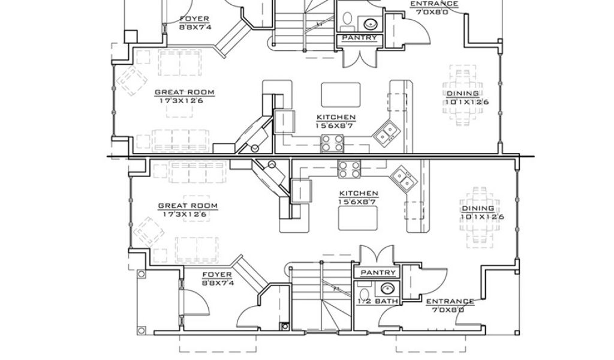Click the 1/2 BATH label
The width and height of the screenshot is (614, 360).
pyautogui.click(x=378, y=301)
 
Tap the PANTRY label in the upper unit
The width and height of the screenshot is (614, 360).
pyautogui.click(x=360, y=38)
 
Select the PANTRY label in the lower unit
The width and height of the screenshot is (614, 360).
pyautogui.click(x=378, y=272)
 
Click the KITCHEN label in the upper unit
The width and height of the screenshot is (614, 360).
pyautogui.click(x=336, y=117)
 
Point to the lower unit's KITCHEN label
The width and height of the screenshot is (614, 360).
pyautogui.click(x=359, y=193)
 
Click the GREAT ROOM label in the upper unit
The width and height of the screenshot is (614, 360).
pyautogui.click(x=185, y=92)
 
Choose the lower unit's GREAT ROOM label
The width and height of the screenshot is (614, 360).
pyautogui.click(x=188, y=206)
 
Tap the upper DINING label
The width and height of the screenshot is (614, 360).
pyautogui.click(x=462, y=93)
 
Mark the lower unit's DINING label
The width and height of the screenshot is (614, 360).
pyautogui.click(x=478, y=208)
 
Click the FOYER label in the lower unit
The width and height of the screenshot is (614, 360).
pyautogui.click(x=217, y=275)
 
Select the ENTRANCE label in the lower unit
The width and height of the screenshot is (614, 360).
pyautogui.click(x=450, y=301)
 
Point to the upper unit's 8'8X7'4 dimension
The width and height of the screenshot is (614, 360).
pyautogui.click(x=195, y=27)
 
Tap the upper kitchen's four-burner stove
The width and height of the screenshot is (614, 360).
pyautogui.click(x=332, y=143)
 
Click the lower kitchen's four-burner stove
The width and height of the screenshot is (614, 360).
pyautogui.click(x=350, y=169)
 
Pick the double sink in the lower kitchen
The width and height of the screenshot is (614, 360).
pyautogui.click(x=403, y=179)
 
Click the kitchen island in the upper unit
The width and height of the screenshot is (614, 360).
pyautogui.click(x=341, y=94)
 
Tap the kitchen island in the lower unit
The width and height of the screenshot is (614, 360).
pyautogui.click(x=358, y=218)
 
